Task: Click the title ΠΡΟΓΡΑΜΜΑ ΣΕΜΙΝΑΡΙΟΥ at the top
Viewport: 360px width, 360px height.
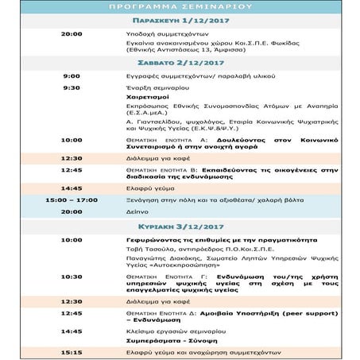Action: point(180,6)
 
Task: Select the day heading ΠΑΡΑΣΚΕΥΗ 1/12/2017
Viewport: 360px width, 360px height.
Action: point(180,19)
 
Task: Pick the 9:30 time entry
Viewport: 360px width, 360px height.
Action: point(71,87)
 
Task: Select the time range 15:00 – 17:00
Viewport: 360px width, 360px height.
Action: point(71,199)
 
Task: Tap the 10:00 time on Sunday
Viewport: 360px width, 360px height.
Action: point(71,239)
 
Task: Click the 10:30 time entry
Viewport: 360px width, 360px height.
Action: point(71,277)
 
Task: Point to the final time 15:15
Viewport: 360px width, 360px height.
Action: point(71,351)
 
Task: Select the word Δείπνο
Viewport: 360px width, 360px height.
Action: point(137,212)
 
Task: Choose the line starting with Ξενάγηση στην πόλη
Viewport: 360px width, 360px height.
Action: point(199,199)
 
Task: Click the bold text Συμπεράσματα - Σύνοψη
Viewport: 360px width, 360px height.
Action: point(170,339)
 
